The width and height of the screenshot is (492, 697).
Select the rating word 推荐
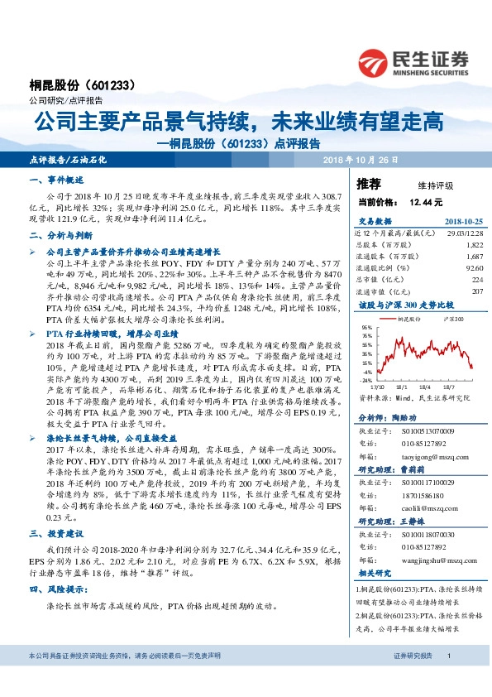click(x=368, y=182)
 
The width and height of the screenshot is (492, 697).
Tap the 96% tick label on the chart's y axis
click(x=366, y=327)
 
